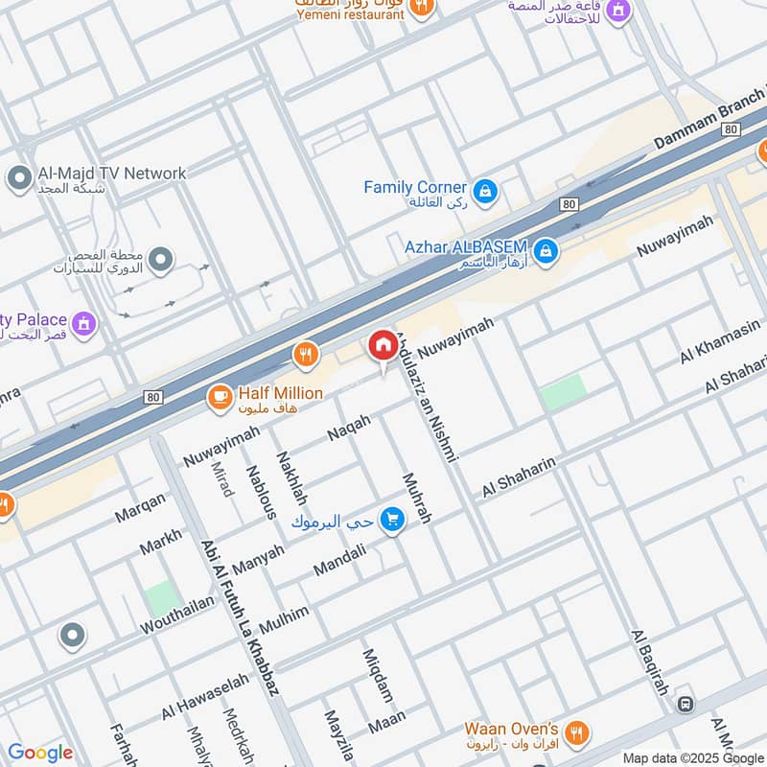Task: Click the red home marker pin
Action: pyautogui.click(x=383, y=346)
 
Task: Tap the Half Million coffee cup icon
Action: pyautogui.click(x=220, y=395)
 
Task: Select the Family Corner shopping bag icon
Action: pyautogui.click(x=486, y=190)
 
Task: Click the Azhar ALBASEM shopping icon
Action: pyautogui.click(x=546, y=251)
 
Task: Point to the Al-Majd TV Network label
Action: pyautogui.click(x=111, y=174)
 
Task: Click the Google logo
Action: pyautogui.click(x=40, y=753)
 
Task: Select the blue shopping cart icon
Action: pyautogui.click(x=391, y=521)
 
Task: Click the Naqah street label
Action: pyautogui.click(x=349, y=428)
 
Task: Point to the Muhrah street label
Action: pyautogui.click(x=417, y=498)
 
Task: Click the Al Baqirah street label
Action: pyautogui.click(x=649, y=662)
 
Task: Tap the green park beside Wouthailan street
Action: pyautogui.click(x=163, y=599)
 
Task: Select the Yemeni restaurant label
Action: pyautogui.click(x=350, y=13)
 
